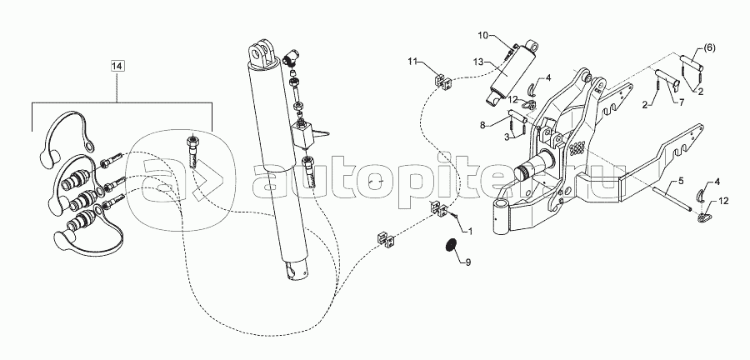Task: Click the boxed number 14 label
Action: [x=117, y=67]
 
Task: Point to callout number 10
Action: [x=482, y=35]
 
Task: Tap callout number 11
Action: [x=412, y=61]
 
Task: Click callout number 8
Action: [x=482, y=126]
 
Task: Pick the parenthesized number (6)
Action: [x=709, y=47]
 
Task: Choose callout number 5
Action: [x=681, y=182]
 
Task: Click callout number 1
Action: [x=470, y=232]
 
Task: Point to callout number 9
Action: [x=468, y=262]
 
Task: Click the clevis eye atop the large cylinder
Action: [x=262, y=53]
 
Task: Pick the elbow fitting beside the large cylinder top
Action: [x=289, y=58]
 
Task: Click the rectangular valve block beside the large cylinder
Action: [x=303, y=134]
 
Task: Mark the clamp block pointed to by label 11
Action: [x=443, y=82]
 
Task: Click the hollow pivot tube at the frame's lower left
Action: [x=502, y=218]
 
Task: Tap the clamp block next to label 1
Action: [x=439, y=209]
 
